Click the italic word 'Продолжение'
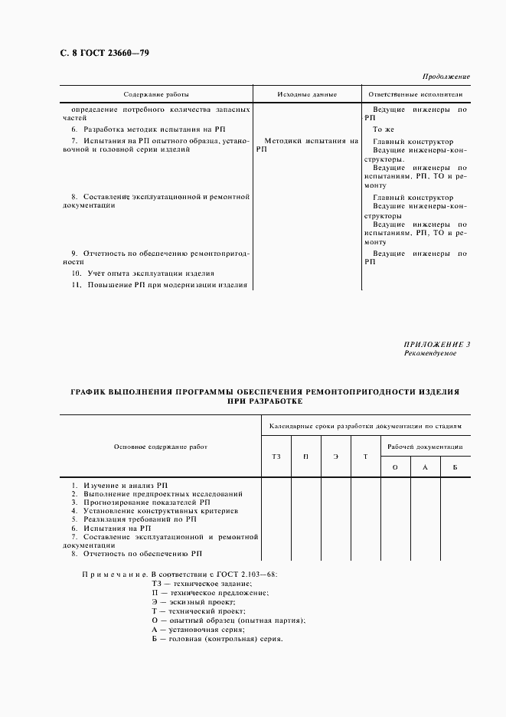tap(446, 77)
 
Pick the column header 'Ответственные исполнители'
tap(415, 94)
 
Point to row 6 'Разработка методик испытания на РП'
tap(155, 129)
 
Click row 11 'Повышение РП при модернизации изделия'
tap(160, 285)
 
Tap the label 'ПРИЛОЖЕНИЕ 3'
tap(437, 345)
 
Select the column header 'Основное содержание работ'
tap(161, 447)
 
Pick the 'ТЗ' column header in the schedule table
tap(276, 457)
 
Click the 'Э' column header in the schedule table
tap(335, 457)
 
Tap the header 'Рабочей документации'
tap(425, 447)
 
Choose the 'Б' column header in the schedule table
tap(455, 467)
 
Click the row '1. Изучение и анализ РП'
tap(119, 486)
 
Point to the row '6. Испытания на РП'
tap(111, 528)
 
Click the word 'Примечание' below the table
tap(114, 574)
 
